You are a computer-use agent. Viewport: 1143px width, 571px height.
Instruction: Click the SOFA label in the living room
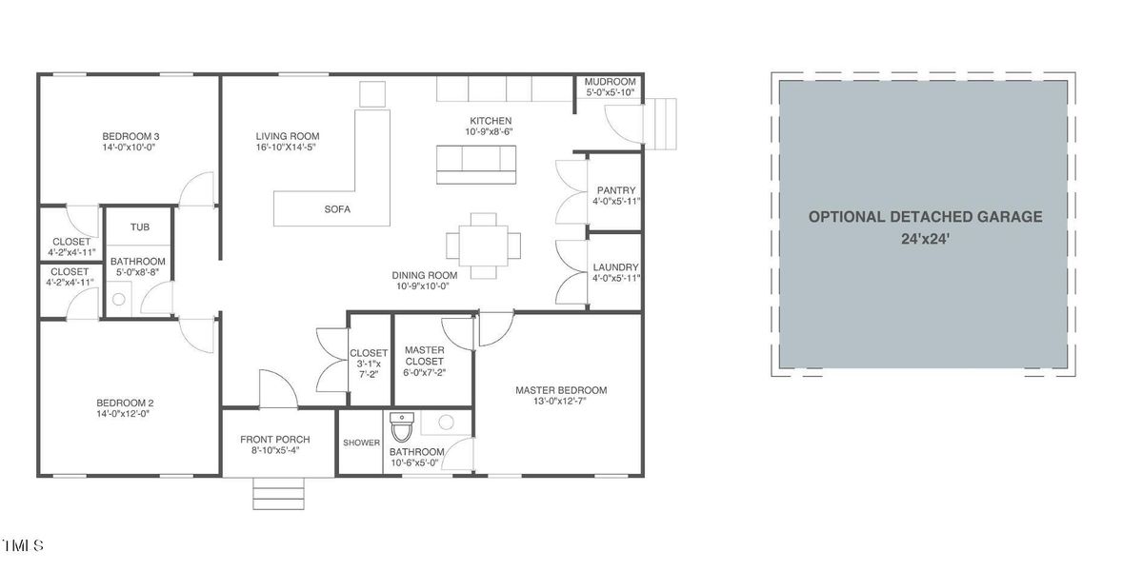point(337,209)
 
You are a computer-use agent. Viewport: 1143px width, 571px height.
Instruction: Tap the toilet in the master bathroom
point(402,427)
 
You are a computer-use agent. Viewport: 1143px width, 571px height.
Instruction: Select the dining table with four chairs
point(483,246)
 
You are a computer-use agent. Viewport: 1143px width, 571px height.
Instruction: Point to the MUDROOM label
point(610,82)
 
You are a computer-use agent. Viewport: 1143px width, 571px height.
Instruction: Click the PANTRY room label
point(616,190)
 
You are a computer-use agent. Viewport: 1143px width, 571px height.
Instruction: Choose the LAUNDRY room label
point(615,267)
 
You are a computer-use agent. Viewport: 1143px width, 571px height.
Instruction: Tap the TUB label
point(140,227)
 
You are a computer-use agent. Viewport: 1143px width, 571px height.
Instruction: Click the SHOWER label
point(361,443)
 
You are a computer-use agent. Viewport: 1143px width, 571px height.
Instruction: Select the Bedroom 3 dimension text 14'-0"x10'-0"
point(129,148)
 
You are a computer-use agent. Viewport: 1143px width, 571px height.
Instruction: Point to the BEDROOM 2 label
point(125,403)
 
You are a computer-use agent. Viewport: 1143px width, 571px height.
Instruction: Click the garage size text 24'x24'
point(925,239)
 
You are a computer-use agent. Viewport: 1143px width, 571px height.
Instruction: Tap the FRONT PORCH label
point(275,440)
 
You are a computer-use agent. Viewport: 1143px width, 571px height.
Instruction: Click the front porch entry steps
point(278,494)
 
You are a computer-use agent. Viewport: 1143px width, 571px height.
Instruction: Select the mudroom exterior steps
point(660,124)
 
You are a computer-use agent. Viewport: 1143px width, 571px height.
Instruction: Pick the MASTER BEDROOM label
point(561,390)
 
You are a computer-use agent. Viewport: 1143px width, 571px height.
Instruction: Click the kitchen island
point(476,165)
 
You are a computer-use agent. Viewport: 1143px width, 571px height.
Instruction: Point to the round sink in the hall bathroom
point(119,299)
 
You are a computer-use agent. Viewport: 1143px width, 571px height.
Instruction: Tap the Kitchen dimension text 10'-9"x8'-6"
point(489,131)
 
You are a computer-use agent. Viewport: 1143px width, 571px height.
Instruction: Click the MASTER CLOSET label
point(425,356)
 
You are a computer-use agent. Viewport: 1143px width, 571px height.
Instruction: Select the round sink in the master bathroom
point(446,423)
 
